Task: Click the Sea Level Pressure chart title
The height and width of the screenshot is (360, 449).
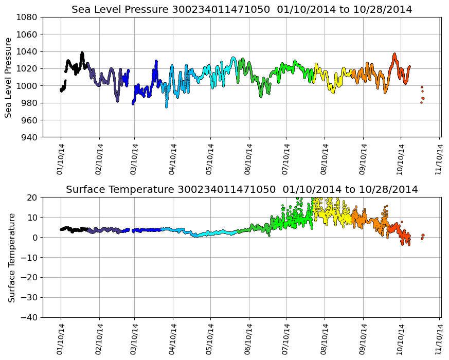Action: [x=242, y=9]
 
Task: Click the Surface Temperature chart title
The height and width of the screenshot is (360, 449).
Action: [x=242, y=190]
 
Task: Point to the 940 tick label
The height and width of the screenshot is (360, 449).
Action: [x=29, y=137]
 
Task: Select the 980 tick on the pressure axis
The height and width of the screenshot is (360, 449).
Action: [x=29, y=103]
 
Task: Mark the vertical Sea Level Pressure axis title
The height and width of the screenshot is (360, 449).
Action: [x=9, y=77]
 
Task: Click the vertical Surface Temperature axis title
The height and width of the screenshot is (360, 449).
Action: [x=11, y=257]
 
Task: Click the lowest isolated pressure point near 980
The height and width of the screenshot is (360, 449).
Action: [x=421, y=102]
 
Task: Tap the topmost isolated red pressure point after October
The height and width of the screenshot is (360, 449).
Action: [x=422, y=87]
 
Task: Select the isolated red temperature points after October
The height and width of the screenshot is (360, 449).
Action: [x=423, y=236]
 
